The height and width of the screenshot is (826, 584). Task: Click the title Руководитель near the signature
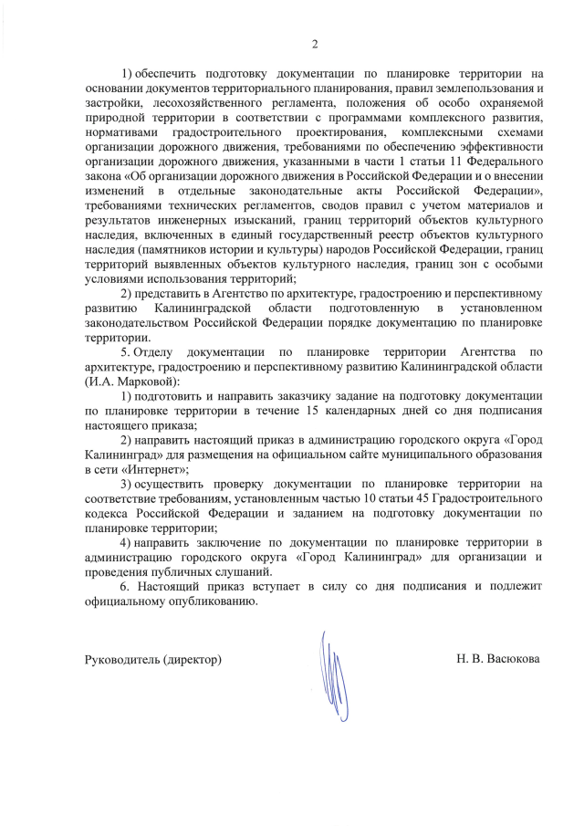click(x=120, y=658)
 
